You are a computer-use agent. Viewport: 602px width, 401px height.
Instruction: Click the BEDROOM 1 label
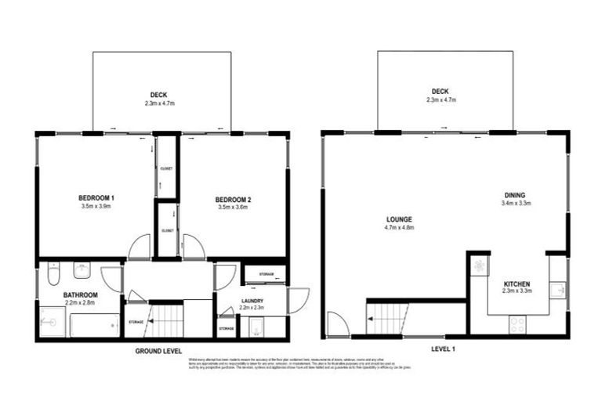click(x=96, y=197)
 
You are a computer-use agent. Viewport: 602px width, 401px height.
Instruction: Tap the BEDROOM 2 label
click(x=233, y=200)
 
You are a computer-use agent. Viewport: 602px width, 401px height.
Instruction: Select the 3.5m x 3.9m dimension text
click(x=96, y=207)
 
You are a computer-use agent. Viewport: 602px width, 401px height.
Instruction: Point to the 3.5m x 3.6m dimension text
click(x=233, y=209)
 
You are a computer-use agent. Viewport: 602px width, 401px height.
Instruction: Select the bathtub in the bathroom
click(x=95, y=323)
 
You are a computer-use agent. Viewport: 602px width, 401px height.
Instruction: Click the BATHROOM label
click(x=80, y=294)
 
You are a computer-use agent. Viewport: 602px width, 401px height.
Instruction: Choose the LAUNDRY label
click(x=252, y=300)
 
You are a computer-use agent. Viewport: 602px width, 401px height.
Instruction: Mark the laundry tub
click(x=254, y=328)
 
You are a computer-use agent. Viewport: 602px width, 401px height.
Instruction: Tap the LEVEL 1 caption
click(x=444, y=348)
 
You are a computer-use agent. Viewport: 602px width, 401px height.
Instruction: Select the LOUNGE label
click(x=400, y=219)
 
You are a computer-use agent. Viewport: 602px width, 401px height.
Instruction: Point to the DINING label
click(x=515, y=195)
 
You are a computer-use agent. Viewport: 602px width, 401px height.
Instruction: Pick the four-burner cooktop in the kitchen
click(x=518, y=323)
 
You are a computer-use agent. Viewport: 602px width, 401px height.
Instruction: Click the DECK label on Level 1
click(x=441, y=91)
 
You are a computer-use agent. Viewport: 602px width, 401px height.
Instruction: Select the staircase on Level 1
click(x=387, y=320)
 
